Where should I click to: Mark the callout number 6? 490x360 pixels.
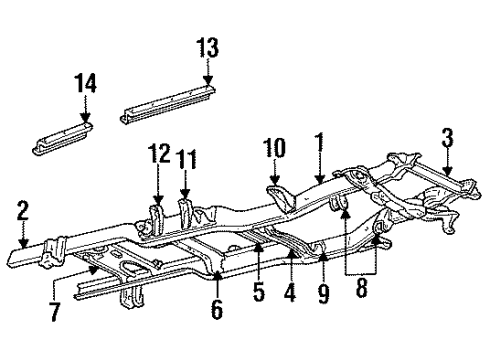217,311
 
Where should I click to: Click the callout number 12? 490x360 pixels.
157,156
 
